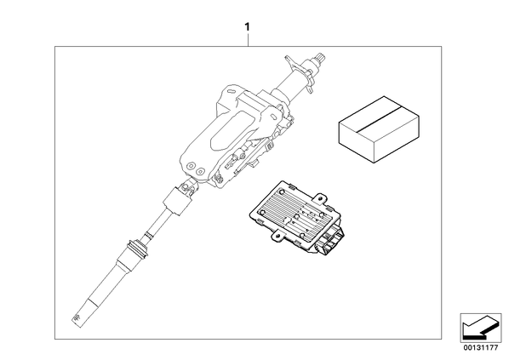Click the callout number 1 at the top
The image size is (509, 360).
coord(248,27)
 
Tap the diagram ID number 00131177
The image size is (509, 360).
coord(480,348)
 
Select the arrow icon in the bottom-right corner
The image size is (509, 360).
coord(480,327)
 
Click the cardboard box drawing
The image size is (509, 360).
coord(379,129)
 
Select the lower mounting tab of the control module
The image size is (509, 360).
coord(277,236)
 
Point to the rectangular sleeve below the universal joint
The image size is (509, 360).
coord(176,203)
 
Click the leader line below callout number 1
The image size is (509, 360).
coord(248,40)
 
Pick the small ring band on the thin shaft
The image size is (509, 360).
coord(149,235)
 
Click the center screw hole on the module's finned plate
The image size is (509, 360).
coord(296,216)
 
